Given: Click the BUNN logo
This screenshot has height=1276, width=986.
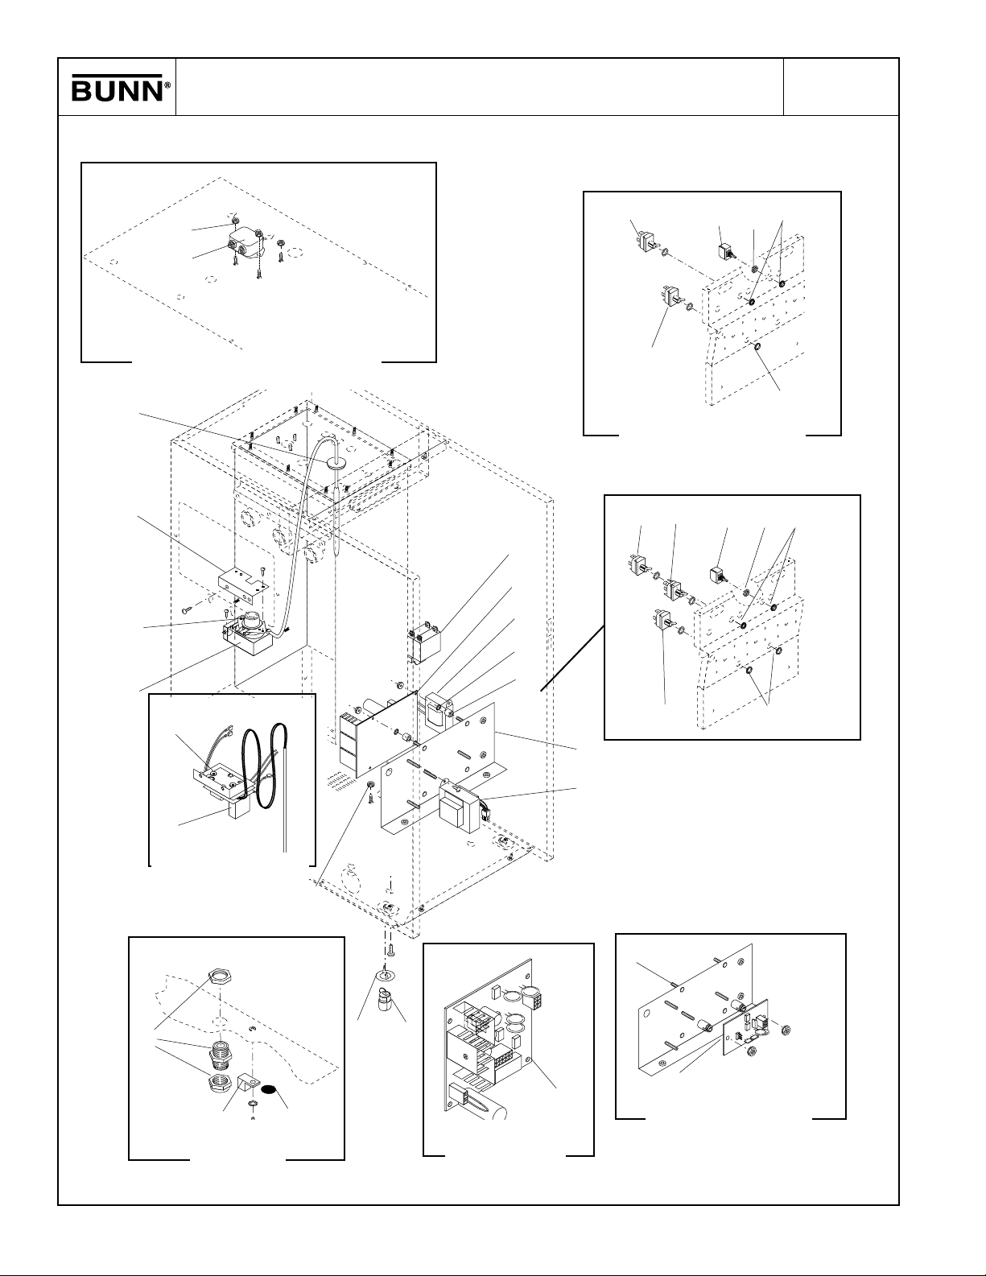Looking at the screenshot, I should click(x=118, y=89).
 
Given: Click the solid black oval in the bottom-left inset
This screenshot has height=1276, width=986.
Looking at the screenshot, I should click(x=274, y=1089).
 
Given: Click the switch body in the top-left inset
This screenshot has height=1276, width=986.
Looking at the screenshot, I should click(x=242, y=241).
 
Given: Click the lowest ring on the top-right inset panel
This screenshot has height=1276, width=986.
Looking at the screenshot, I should click(x=758, y=348).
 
